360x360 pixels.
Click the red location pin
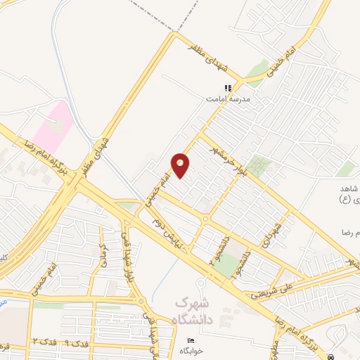click(x=181, y=165)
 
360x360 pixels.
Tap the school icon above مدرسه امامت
click(x=227, y=89)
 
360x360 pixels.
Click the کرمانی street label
click(x=103, y=251)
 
